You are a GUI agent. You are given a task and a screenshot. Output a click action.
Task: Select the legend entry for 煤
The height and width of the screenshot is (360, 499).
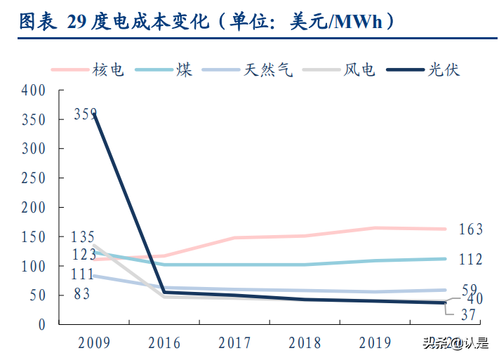(x=185, y=69)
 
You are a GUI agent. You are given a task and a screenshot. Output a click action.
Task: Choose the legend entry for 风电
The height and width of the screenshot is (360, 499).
(x=359, y=69)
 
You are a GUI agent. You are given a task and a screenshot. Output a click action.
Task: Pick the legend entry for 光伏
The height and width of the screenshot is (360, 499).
(x=443, y=69)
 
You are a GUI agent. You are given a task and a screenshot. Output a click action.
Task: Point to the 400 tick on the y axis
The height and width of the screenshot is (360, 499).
(x=33, y=91)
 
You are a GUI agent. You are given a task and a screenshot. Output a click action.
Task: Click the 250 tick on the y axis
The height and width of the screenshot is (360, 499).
(x=33, y=178)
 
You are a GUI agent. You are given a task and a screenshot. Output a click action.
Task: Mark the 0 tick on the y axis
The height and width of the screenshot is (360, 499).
(x=42, y=325)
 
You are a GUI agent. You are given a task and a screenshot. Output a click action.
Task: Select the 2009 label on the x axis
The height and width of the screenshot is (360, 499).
(x=94, y=343)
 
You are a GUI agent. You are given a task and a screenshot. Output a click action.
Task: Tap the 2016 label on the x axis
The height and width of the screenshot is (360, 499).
(x=164, y=343)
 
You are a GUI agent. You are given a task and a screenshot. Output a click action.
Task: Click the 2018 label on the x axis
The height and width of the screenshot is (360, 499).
(x=305, y=343)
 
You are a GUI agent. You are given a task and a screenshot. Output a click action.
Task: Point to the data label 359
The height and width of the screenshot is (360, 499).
(x=85, y=114)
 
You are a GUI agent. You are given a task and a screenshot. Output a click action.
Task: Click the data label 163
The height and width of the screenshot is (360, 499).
(x=470, y=229)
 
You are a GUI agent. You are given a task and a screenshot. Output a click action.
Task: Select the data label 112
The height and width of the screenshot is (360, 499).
(x=470, y=260)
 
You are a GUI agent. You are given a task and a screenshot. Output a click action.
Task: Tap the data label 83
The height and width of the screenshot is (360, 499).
(x=82, y=295)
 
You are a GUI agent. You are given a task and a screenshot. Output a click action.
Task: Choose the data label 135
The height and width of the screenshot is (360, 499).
(x=82, y=237)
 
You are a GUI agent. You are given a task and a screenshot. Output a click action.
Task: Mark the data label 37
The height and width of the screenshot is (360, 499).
(x=467, y=316)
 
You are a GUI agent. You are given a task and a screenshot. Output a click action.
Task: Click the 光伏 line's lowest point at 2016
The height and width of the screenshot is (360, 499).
(x=164, y=292)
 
